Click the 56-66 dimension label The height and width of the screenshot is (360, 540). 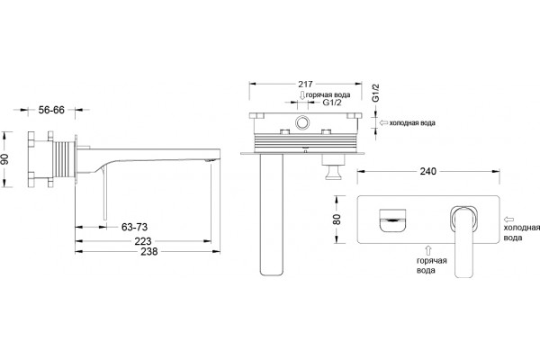pos(51,110)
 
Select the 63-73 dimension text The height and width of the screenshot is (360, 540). pos(134,227)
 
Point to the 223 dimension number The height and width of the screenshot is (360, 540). pos(143,241)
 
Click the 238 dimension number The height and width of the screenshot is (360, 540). pos(149,252)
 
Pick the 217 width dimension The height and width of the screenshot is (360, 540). pos(305,84)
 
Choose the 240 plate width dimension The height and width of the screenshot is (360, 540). pos(427,171)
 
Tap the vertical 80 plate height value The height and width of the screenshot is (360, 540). pos(337,220)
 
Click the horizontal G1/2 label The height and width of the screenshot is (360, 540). pos(331,103)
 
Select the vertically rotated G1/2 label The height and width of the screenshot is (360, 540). pos(375,93)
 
